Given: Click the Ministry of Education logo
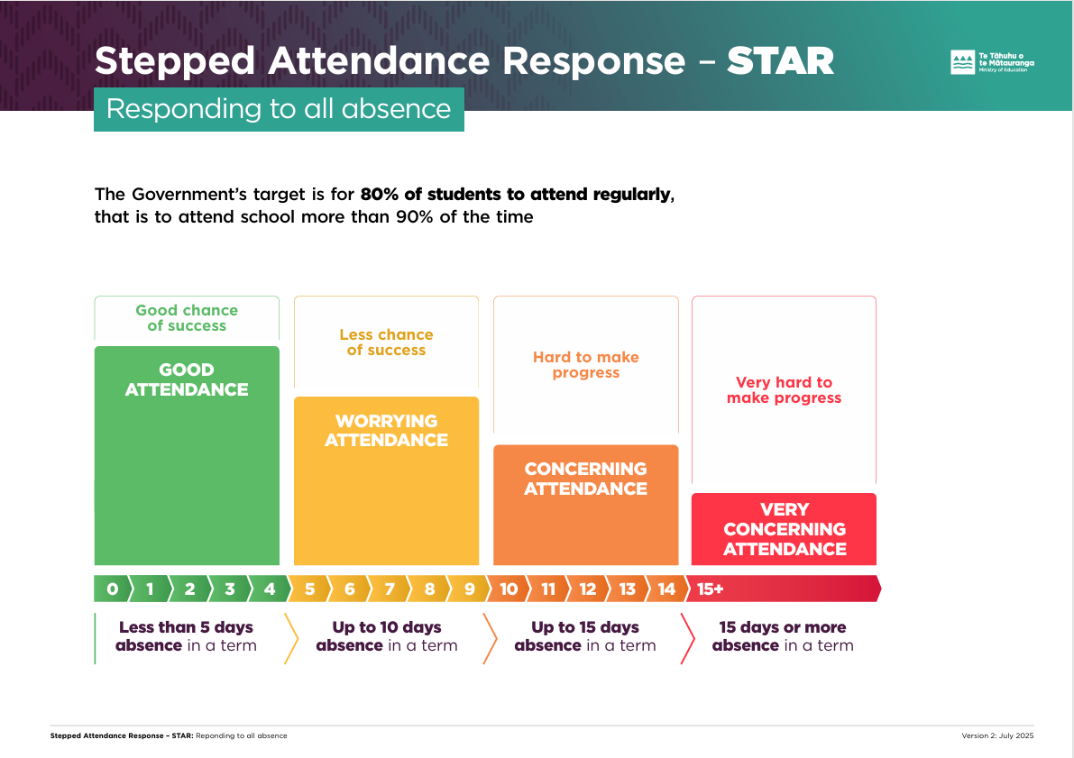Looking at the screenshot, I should click(x=992, y=62).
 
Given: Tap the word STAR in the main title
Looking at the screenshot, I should click(x=780, y=61).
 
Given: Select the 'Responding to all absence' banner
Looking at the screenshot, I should click(x=279, y=109).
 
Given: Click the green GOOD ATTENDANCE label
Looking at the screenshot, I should click(x=187, y=379).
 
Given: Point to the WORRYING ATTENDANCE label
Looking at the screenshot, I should click(x=386, y=431).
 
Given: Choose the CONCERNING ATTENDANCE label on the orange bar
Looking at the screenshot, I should click(x=585, y=479).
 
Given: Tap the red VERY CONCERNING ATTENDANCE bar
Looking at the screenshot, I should click(x=784, y=529).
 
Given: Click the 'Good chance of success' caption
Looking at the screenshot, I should click(x=187, y=317).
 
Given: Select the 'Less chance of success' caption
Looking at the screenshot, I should click(x=386, y=342).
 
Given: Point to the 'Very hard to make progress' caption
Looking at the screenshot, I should click(x=784, y=390).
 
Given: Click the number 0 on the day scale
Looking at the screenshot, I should click(x=112, y=589).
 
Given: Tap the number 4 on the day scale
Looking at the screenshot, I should click(x=270, y=589).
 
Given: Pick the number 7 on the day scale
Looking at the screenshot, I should click(x=390, y=589).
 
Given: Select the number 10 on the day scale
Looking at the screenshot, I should click(x=509, y=589).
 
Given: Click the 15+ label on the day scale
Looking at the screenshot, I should click(x=710, y=589).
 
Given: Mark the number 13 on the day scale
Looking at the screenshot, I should click(x=627, y=589).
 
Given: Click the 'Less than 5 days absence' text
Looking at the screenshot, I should click(x=186, y=636).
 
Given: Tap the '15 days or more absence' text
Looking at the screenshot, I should click(x=783, y=636).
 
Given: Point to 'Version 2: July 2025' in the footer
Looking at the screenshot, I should click(x=997, y=736).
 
